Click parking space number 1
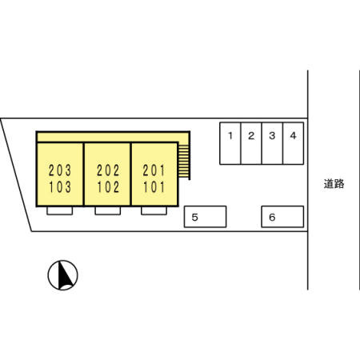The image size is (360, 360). pyautogui.click(x=230, y=143)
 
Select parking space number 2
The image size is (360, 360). pyautogui.click(x=251, y=143)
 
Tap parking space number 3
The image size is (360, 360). pyautogui.click(x=272, y=143)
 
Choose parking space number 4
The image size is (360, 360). pyautogui.click(x=294, y=143)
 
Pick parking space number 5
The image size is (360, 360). pyautogui.click(x=206, y=217)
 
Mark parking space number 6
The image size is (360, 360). pyautogui.click(x=282, y=217)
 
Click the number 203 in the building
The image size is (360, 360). pyautogui.click(x=60, y=170)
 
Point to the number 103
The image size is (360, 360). pyautogui.click(x=60, y=187)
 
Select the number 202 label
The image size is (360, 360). pyautogui.click(x=108, y=170)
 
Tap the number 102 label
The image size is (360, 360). pyautogui.click(x=108, y=187)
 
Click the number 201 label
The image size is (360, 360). pyautogui.click(x=154, y=170)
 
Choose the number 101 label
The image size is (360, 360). pyautogui.click(x=154, y=187)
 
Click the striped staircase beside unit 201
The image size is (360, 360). pyautogui.click(x=184, y=161)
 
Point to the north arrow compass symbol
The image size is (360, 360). pyautogui.click(x=62, y=275)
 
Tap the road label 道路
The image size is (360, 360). pyautogui.click(x=334, y=184)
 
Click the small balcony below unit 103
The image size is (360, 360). pyautogui.click(x=60, y=210)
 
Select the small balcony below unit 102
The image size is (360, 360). pyautogui.click(x=108, y=210)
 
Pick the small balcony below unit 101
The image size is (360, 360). pyautogui.click(x=154, y=210)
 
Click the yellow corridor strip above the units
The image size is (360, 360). pyautogui.click(x=113, y=137)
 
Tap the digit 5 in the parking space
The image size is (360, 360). pyautogui.click(x=195, y=218)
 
